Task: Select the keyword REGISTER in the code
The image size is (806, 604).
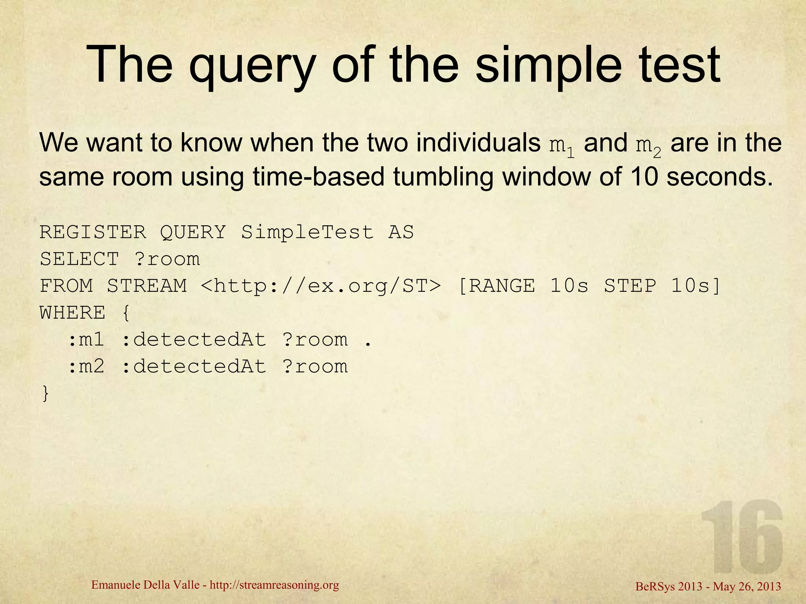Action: click(93, 232)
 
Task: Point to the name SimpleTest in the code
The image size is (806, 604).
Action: click(307, 232)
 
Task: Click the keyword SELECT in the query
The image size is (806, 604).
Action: click(79, 259)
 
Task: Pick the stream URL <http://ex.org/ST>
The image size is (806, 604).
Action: click(320, 286)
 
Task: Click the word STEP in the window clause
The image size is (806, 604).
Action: click(630, 286)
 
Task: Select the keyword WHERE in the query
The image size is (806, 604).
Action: click(73, 313)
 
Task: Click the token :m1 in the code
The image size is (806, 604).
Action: click(86, 340)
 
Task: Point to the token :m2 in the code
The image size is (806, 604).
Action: click(86, 367)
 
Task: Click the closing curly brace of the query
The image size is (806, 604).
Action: click(46, 394)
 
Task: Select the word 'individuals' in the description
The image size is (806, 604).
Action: click(478, 142)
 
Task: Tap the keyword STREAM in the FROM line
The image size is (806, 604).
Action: click(147, 286)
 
